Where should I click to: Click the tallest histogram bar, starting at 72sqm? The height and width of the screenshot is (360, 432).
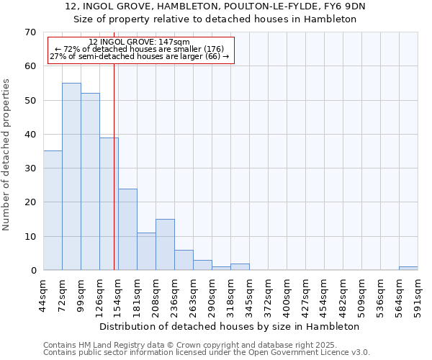pyautogui.click(x=71, y=176)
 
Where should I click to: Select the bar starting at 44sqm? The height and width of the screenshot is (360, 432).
pyautogui.click(x=53, y=210)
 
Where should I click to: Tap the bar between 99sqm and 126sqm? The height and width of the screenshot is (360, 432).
pyautogui.click(x=90, y=181)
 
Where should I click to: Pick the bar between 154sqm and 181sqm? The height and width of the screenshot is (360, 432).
pyautogui.click(x=127, y=229)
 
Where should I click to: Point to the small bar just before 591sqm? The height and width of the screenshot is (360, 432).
pyautogui.click(x=408, y=269)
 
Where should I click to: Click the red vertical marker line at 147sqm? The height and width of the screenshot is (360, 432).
pyautogui.click(x=114, y=166)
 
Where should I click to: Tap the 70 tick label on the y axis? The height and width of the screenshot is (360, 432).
pyautogui.click(x=30, y=32)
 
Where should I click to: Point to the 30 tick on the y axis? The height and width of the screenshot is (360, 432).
pyautogui.click(x=30, y=168)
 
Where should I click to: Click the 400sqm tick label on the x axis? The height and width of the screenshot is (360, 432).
pyautogui.click(x=287, y=296)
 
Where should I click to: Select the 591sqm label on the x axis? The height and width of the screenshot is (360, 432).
pyautogui.click(x=418, y=296)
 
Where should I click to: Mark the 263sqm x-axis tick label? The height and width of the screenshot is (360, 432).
pyautogui.click(x=194, y=296)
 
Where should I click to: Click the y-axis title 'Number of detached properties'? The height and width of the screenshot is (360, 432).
pyautogui.click(x=7, y=155)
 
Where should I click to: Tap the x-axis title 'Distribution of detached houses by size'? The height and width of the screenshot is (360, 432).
pyautogui.click(x=229, y=326)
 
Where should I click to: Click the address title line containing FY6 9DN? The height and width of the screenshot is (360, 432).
pyautogui.click(x=215, y=6)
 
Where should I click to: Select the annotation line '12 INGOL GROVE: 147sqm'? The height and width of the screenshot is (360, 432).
pyautogui.click(x=140, y=42)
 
